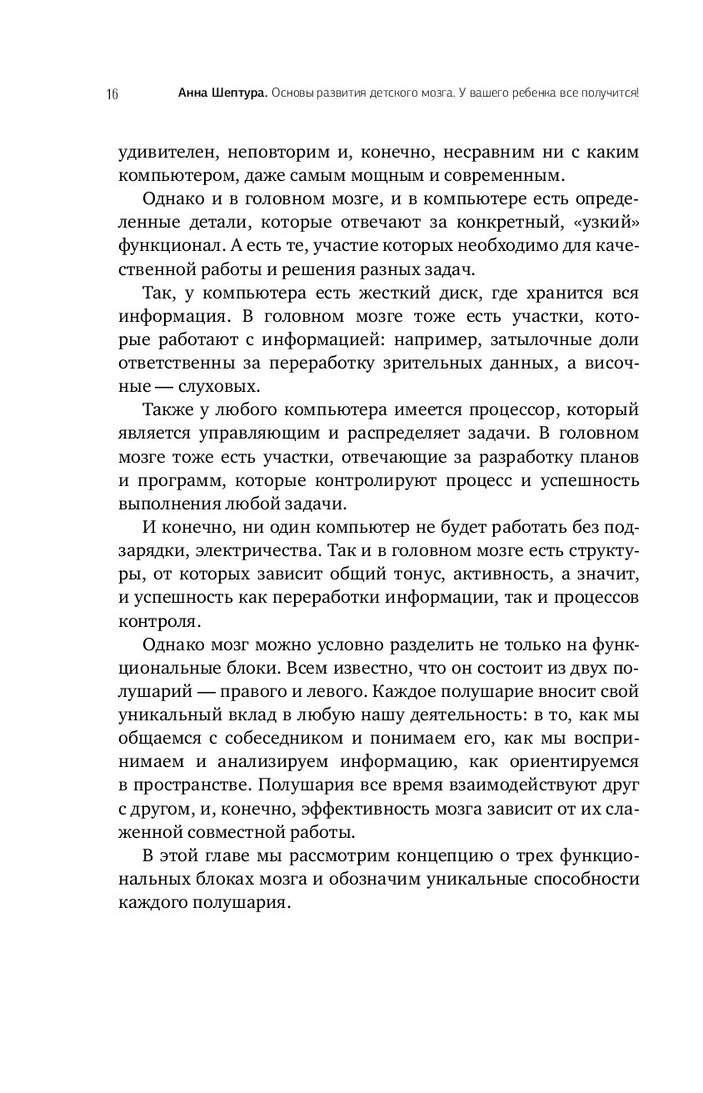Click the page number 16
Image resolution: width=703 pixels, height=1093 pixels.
tap(112, 93)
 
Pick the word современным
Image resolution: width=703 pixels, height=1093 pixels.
tap(510, 175)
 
